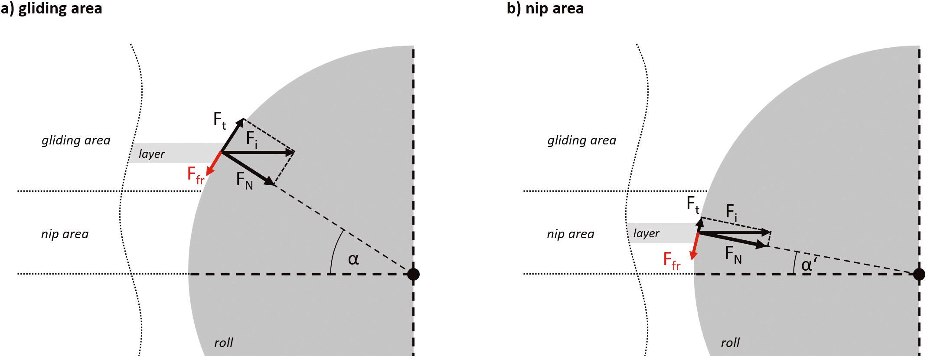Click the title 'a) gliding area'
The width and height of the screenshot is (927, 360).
pos(51,8)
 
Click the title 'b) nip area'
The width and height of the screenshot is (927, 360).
pos(545,8)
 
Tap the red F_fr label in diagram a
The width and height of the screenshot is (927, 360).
pos(195,175)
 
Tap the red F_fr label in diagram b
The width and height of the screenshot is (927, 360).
pos(672,261)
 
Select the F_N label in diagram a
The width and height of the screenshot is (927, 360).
pos(244,180)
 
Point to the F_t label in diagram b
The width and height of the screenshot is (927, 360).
pos(693,204)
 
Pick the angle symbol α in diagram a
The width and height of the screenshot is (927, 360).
pos(353,259)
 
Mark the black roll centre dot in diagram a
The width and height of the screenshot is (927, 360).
pos(413,274)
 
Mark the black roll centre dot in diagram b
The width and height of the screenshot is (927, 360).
pos(919,274)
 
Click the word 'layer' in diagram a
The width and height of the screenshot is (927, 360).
pos(152,154)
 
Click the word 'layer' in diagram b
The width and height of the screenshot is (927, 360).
pos(646,234)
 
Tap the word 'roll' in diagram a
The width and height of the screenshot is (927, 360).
pos(224,343)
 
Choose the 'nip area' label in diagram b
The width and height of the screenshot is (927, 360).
pos(570,234)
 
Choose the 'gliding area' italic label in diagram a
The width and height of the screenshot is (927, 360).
pos(76,141)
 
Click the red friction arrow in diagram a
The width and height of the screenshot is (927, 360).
pos(214,164)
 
